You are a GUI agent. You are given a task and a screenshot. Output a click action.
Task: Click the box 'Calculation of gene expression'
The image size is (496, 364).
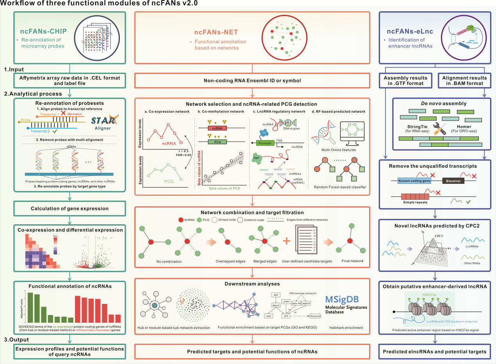click(70, 208)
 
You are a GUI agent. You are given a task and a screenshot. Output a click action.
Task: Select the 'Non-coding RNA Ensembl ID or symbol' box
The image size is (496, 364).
click(252, 81)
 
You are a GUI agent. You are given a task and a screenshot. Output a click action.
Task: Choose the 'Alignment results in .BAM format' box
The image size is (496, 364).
click(462, 80)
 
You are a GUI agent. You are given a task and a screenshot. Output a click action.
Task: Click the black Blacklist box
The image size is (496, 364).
click(453, 181)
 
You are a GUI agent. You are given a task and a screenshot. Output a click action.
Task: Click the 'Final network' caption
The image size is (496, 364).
click(352, 261)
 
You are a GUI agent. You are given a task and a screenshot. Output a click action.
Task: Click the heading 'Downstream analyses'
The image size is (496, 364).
click(252, 284)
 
